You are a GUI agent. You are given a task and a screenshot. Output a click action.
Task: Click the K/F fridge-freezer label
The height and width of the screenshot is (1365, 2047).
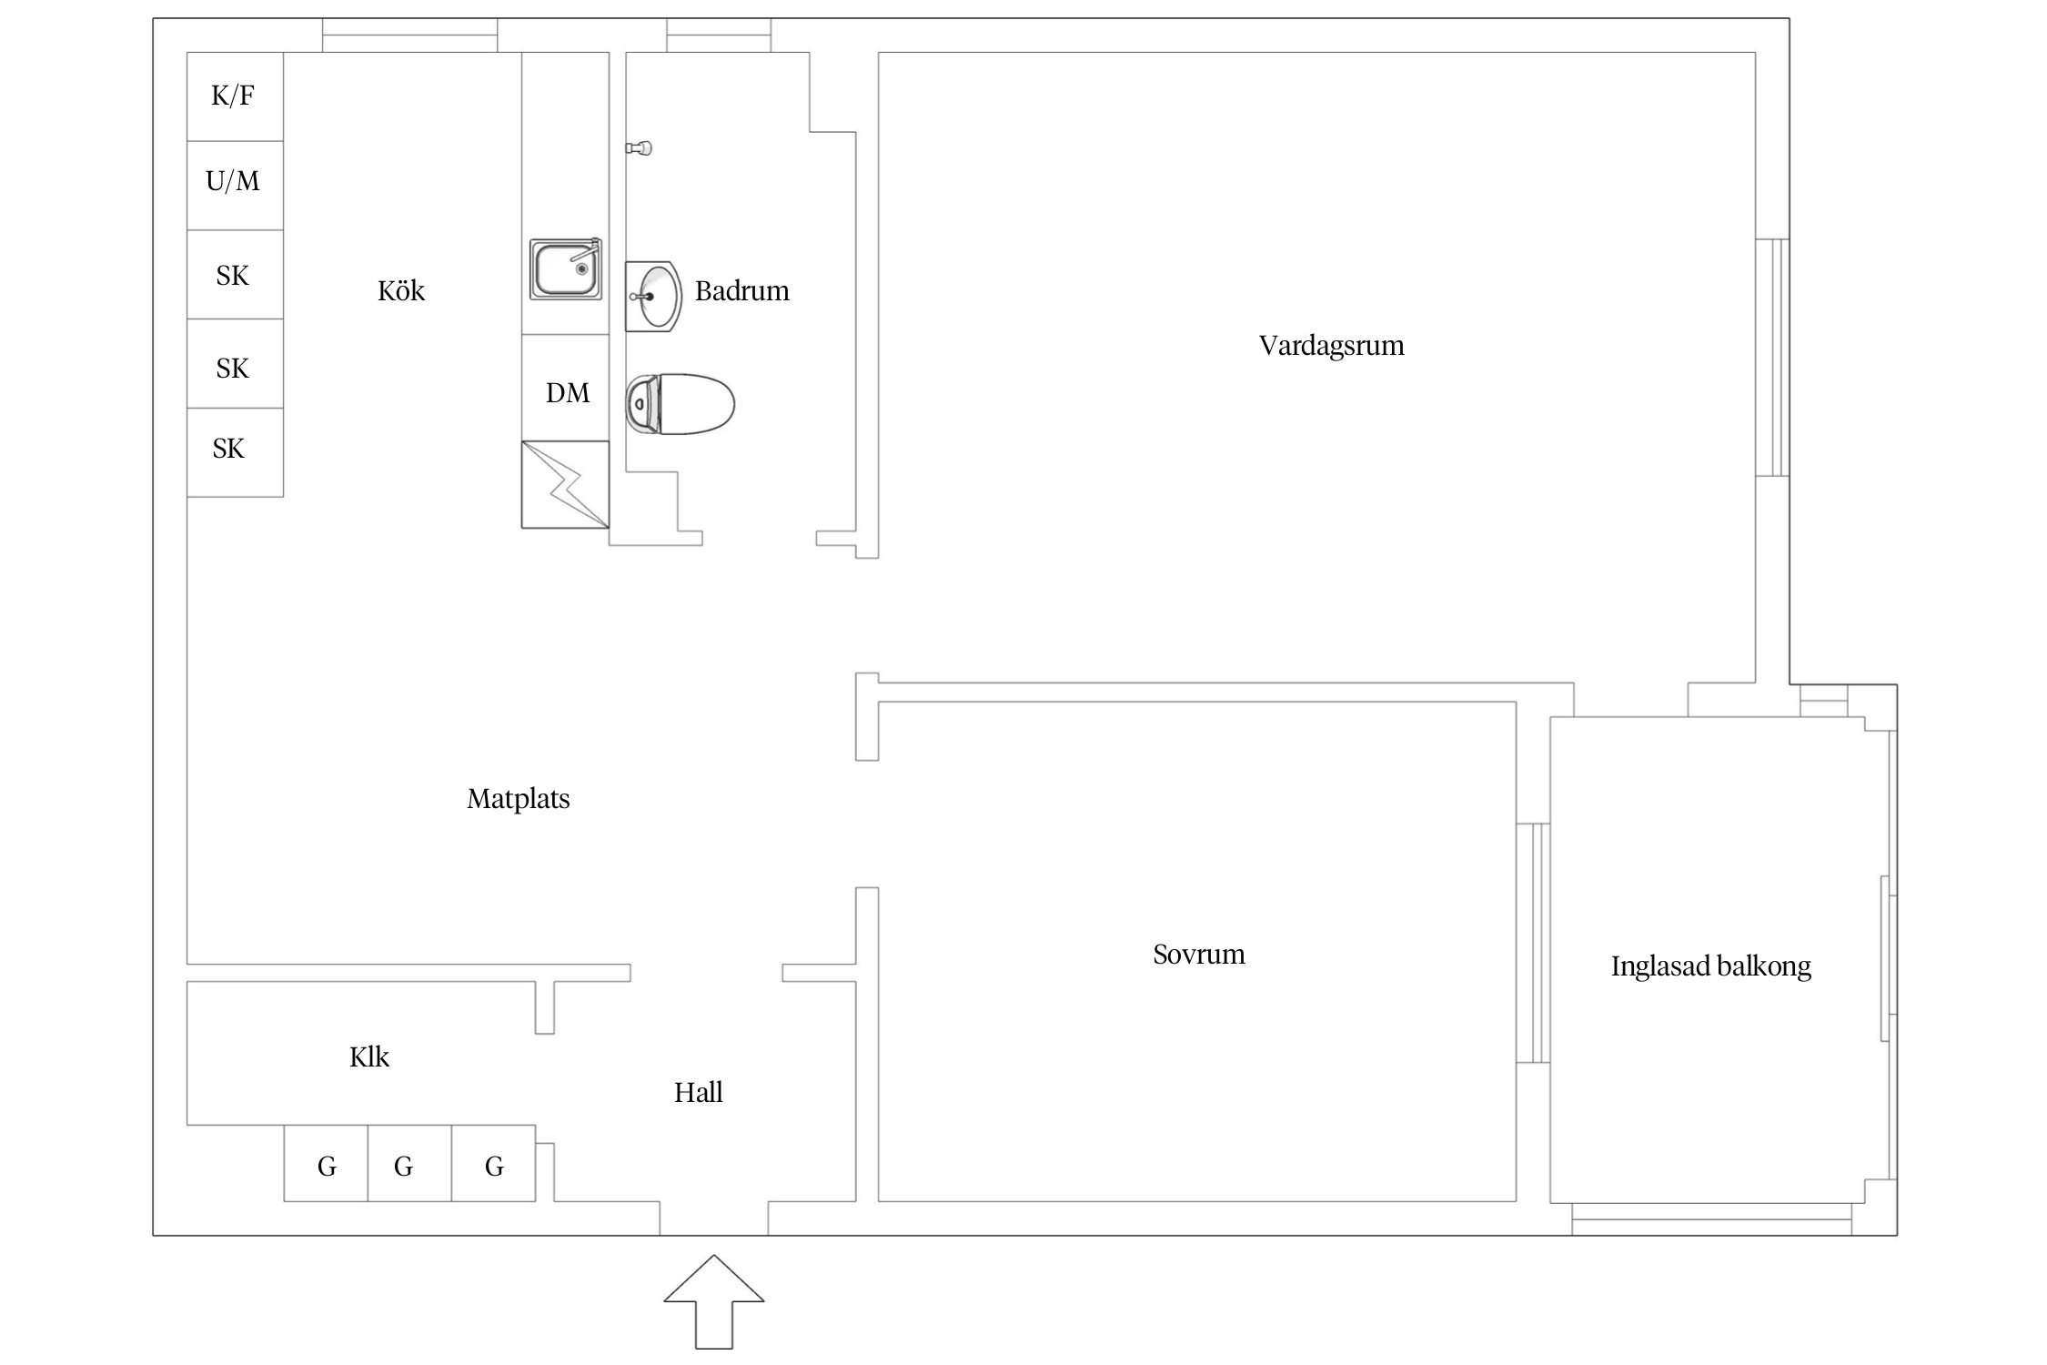233,96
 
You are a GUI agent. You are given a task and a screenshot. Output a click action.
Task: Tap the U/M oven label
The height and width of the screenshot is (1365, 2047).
233,181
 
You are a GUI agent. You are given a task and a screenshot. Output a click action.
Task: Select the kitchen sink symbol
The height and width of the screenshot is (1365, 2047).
566,269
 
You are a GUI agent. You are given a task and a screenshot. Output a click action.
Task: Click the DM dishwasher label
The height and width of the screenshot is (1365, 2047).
568,392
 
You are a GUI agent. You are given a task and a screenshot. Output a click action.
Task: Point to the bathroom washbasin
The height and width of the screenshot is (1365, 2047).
653,296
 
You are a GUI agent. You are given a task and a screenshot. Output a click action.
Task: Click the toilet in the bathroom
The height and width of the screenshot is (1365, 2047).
680,403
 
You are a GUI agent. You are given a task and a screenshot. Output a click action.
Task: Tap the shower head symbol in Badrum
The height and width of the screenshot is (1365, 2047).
640,147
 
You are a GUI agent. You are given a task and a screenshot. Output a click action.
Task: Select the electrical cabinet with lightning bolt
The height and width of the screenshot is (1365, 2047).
565,484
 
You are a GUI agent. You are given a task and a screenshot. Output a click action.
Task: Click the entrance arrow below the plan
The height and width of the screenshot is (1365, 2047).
714,1301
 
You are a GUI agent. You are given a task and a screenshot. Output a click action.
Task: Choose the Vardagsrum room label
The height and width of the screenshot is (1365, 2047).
1331,346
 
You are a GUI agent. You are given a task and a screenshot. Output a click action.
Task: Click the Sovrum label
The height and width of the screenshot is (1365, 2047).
1198,954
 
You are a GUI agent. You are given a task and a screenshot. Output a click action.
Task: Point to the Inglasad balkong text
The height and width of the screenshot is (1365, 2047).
1710,966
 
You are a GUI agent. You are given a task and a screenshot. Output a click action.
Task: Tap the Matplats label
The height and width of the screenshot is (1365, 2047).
518,798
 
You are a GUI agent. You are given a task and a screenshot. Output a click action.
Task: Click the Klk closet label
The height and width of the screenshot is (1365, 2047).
368,1057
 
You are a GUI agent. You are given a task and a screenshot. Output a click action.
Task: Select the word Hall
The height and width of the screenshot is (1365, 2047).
698,1092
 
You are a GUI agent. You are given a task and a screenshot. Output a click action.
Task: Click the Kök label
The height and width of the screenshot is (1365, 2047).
401,290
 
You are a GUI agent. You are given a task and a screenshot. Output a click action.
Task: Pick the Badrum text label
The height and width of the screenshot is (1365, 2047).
741,290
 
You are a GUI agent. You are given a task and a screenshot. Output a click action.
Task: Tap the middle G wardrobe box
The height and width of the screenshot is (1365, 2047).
409,1163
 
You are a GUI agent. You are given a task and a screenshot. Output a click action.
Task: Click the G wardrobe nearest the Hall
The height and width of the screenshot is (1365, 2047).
493,1163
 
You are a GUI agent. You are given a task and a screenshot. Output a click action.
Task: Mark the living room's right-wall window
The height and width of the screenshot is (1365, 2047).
1772,357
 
